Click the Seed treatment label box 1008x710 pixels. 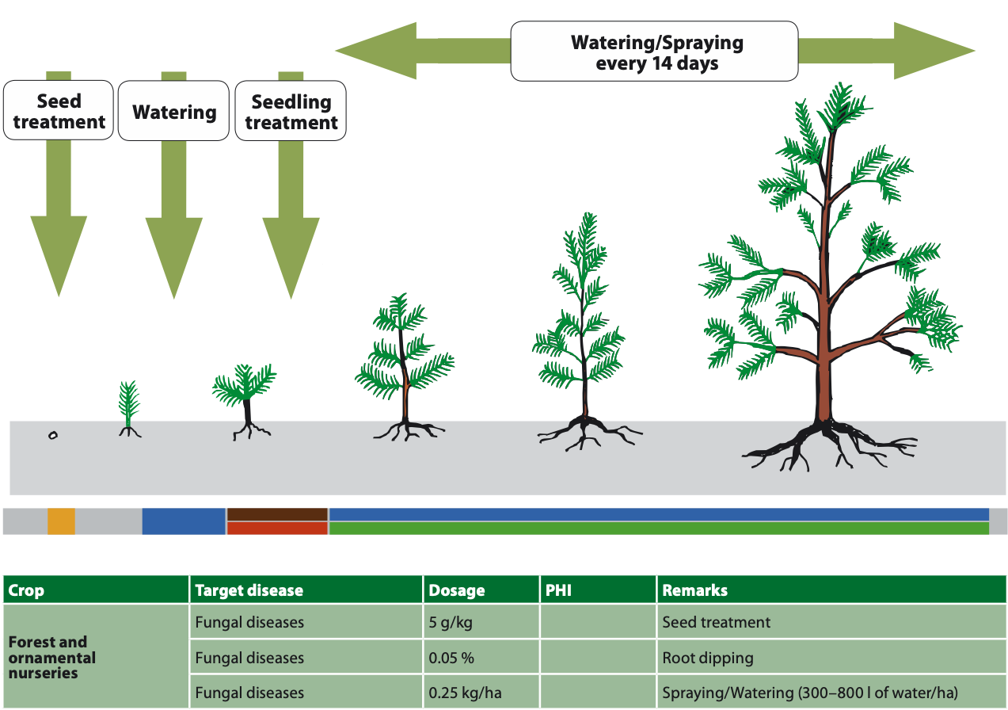[x=59, y=111]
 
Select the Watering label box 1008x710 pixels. [x=174, y=112]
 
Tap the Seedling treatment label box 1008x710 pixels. [x=291, y=112]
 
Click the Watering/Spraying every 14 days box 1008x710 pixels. [x=654, y=52]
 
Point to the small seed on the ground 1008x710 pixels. [x=53, y=435]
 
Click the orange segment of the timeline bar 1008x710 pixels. [x=61, y=521]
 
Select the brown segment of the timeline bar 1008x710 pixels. [x=277, y=514]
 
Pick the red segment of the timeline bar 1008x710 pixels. [x=277, y=529]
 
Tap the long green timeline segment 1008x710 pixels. [x=658, y=529]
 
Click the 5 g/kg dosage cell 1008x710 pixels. [x=481, y=622]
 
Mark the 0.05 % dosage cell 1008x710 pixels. [x=481, y=658]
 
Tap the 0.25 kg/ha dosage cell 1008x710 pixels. [x=481, y=693]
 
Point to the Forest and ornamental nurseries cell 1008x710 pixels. [x=95, y=657]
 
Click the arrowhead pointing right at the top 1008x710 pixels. [x=934, y=51]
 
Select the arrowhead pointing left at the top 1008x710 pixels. [x=377, y=51]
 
